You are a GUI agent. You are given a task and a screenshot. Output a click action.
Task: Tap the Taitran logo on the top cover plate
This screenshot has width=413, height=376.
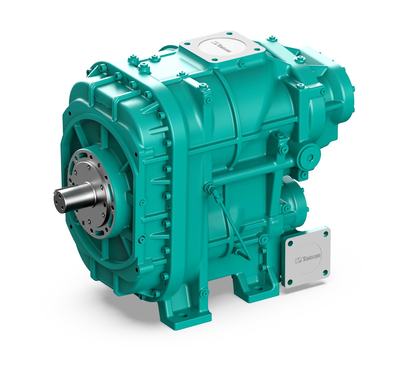224,47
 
